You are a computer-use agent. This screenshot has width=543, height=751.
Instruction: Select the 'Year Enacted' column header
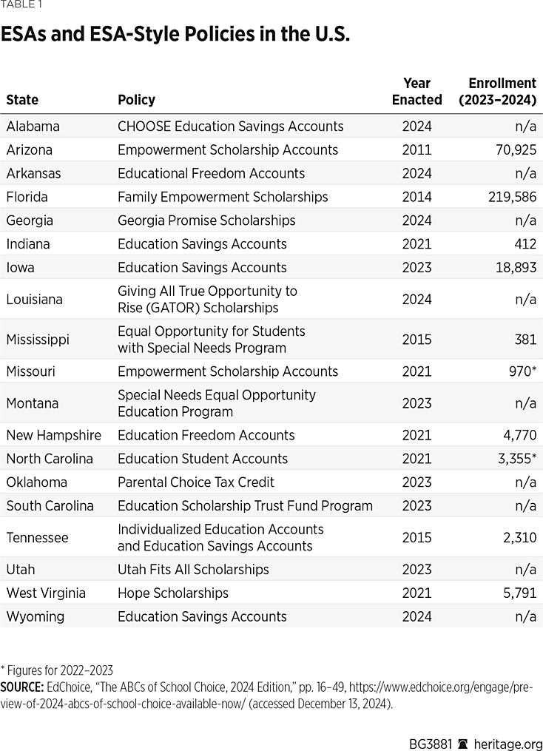[416, 91]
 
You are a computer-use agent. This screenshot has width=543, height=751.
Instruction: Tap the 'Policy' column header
[136, 100]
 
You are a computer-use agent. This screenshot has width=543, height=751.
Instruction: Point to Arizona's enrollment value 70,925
[516, 149]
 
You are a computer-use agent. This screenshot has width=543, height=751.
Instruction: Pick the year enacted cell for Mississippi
[416, 340]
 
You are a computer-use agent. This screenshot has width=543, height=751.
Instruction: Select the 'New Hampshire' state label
[53, 435]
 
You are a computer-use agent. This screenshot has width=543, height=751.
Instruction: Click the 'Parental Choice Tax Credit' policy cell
[195, 482]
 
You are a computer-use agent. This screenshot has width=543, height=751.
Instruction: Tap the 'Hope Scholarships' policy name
[172, 593]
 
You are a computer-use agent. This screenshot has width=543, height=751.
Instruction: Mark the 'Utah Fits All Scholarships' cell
[193, 569]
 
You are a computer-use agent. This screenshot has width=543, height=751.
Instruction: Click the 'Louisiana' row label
[34, 300]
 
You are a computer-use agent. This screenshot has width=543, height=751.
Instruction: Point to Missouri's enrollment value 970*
[519, 371]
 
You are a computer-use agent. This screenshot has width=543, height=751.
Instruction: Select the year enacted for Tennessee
[416, 538]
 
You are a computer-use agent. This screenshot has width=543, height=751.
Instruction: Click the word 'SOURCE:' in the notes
[22, 687]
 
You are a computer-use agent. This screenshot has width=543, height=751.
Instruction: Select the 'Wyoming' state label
[35, 616]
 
